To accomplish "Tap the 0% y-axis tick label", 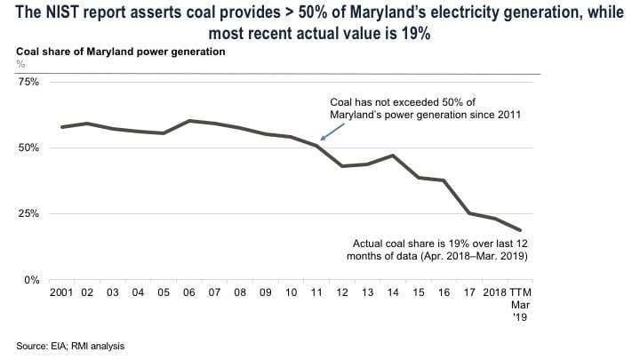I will (x=32, y=280).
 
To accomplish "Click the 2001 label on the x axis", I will (x=62, y=292).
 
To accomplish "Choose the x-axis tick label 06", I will (x=189, y=292).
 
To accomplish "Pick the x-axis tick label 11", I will (x=316, y=292).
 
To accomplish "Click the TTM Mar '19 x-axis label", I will (x=520, y=304).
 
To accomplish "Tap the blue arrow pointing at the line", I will (x=329, y=132).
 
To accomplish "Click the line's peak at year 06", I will (x=189, y=121).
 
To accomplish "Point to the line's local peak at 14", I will (x=393, y=156).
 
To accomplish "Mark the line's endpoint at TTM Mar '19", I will (x=520, y=230).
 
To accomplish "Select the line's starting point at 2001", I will (x=62, y=127).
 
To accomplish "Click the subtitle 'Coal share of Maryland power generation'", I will (x=121, y=52).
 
